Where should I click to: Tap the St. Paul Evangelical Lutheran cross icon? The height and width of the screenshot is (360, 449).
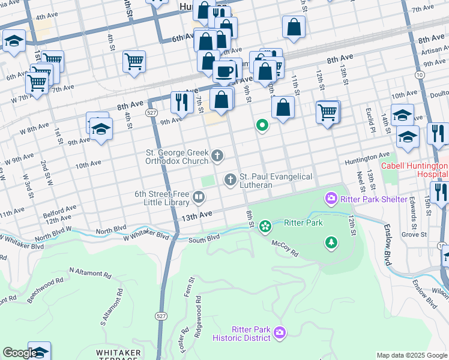(230, 179)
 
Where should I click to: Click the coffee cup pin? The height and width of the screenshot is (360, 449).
(224, 72)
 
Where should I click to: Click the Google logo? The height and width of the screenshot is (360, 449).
(19, 353)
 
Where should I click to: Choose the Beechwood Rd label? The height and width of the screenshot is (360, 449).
(46, 285)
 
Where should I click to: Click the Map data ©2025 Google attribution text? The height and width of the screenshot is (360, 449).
(412, 355)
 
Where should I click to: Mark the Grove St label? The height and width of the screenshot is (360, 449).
(410, 234)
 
